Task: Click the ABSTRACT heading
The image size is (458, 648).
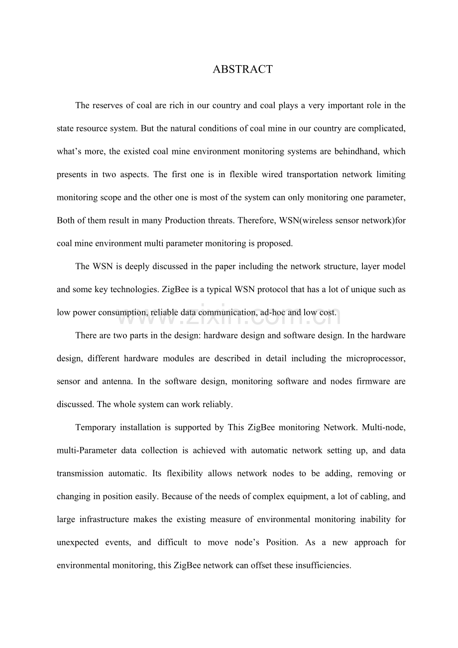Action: point(242,69)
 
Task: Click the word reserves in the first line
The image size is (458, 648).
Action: point(107,106)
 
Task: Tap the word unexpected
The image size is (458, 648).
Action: point(78,542)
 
